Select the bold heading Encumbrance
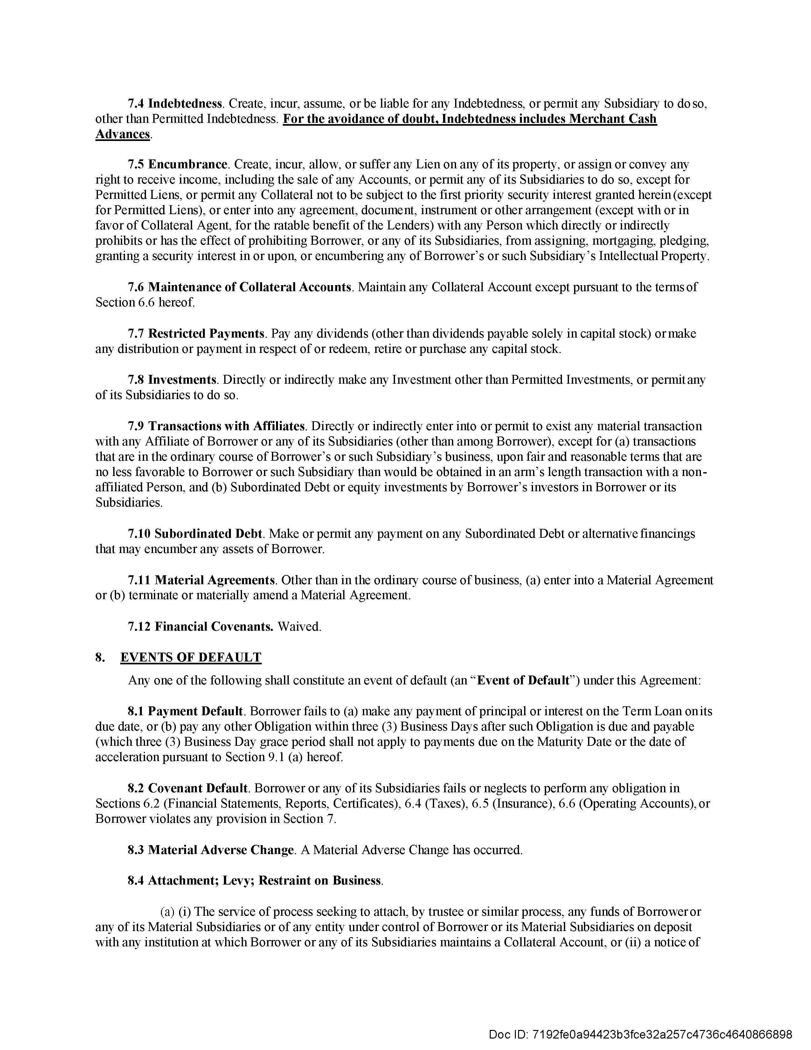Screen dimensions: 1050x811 pos(187,164)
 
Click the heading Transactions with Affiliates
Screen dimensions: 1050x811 pos(226,426)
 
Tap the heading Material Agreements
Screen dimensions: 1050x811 pos(214,580)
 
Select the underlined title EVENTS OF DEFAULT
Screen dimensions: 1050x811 pos(191,657)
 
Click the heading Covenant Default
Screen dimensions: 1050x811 pos(198,788)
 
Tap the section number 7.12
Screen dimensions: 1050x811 pos(139,626)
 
